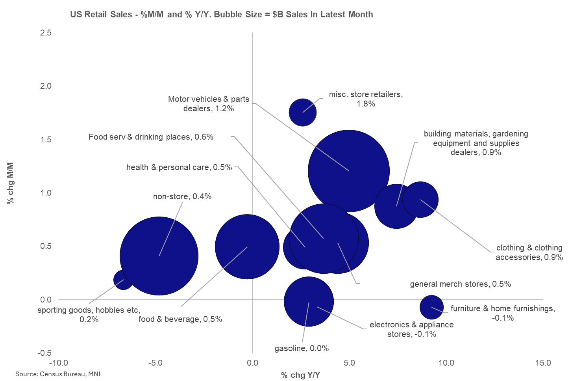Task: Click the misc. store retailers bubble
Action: click(x=303, y=112)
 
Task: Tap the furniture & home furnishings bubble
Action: click(x=431, y=307)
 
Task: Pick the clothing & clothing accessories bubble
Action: click(x=421, y=200)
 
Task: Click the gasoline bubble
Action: click(x=309, y=302)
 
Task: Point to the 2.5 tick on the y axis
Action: click(x=46, y=33)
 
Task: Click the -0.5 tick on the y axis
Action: click(x=44, y=353)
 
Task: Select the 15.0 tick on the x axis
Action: click(x=543, y=363)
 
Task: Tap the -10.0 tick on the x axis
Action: click(x=58, y=363)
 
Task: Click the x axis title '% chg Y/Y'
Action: click(x=300, y=375)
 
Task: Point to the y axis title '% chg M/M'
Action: click(x=11, y=183)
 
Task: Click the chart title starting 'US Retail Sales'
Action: click(x=221, y=15)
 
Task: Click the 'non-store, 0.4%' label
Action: click(x=182, y=196)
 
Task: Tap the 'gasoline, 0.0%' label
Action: click(x=302, y=348)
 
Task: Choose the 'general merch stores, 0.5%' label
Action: click(x=460, y=284)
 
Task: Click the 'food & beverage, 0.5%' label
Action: click(x=180, y=319)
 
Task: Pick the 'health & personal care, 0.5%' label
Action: click(x=179, y=167)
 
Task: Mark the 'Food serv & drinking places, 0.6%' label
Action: click(x=151, y=137)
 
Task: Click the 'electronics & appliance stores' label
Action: click(x=411, y=329)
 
